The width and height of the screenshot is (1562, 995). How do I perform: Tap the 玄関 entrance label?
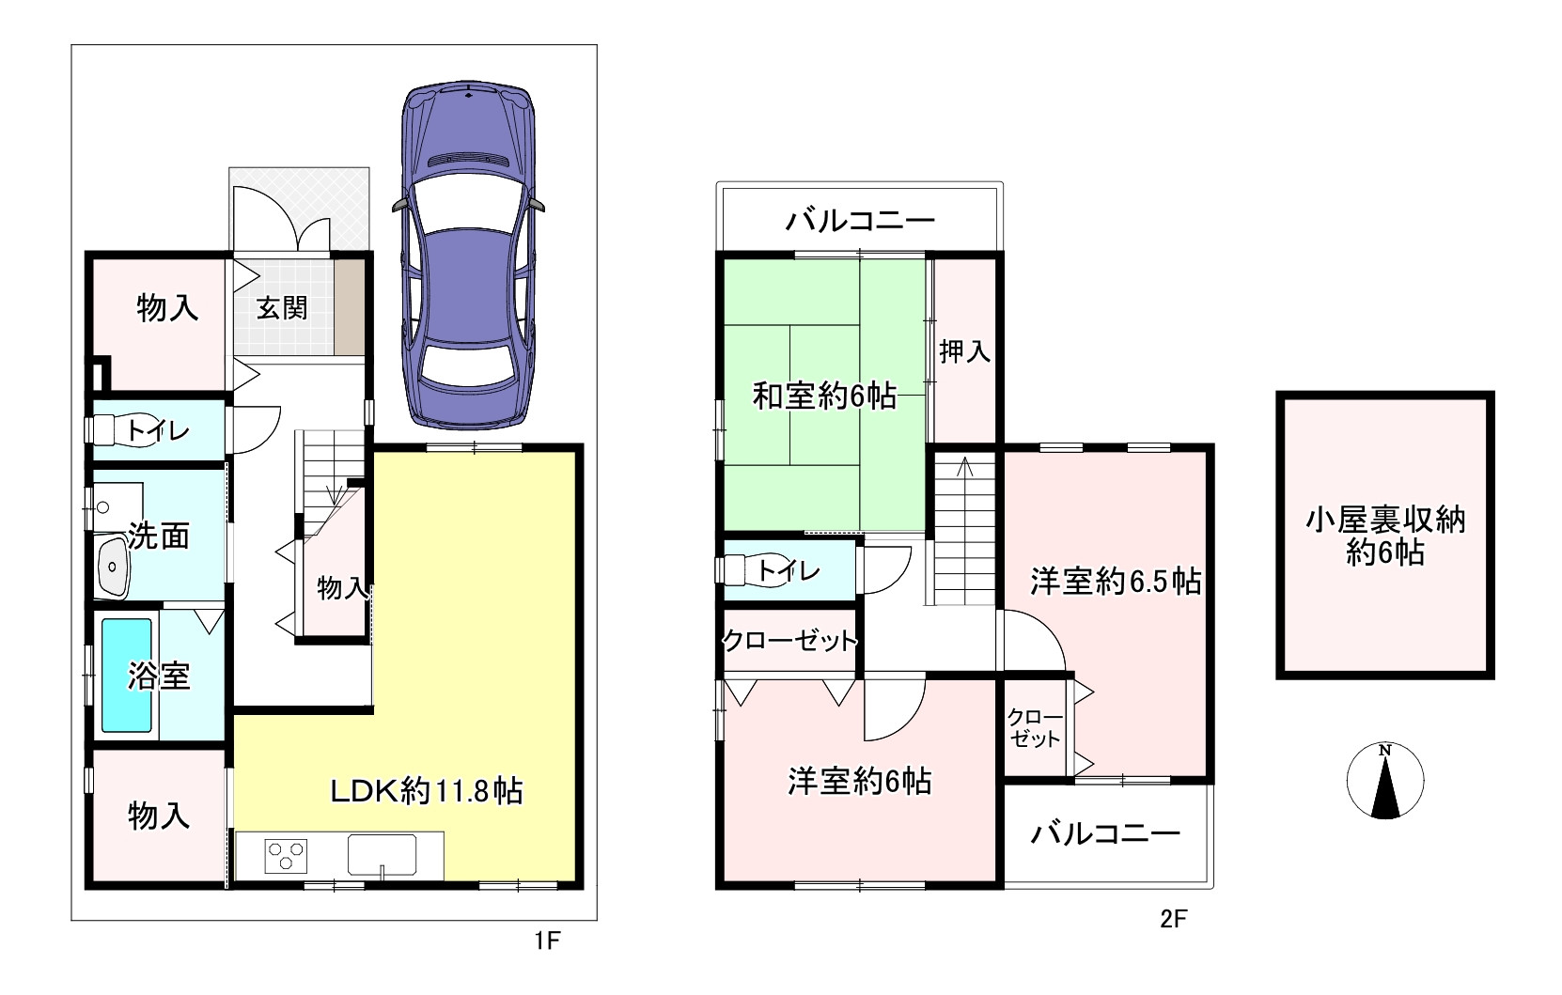pos(282,307)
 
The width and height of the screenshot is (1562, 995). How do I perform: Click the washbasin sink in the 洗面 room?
pos(114,567)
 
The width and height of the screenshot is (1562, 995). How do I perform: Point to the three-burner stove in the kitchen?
pos(287,856)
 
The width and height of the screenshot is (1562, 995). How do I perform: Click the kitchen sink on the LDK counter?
pos(382,855)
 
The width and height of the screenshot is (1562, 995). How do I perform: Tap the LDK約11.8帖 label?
pos(426,791)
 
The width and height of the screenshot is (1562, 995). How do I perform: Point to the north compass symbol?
pos(1384,781)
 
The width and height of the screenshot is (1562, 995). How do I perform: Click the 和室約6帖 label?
pos(824,396)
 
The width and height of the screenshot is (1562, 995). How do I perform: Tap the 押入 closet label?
pos(965,351)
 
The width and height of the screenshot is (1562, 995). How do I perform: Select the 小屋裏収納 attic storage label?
pos(1385,536)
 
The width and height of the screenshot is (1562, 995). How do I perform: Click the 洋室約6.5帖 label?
pos(1115,582)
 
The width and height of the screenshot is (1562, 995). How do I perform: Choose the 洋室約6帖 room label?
pos(860,781)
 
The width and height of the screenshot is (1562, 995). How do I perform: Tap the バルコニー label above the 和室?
pos(860,222)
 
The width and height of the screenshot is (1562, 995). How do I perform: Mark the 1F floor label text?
pos(547,940)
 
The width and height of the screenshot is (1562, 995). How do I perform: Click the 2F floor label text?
pos(1173,919)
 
